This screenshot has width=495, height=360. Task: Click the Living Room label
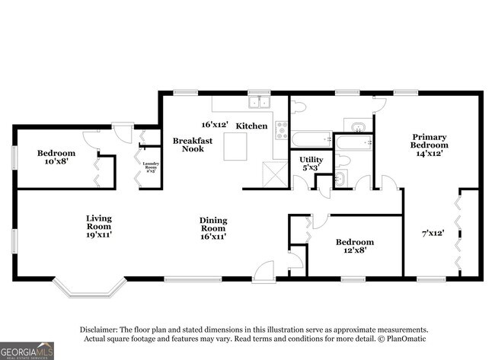tap(98, 225)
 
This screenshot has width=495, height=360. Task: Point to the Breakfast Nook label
tap(187, 145)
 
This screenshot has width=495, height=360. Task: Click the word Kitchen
tap(251, 126)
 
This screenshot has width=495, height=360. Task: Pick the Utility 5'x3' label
tap(311, 164)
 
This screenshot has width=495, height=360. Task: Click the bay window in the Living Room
tap(90, 288)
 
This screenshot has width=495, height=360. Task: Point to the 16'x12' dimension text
tap(216, 124)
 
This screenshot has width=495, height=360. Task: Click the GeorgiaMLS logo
tap(27, 351)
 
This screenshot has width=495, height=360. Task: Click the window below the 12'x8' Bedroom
tap(353, 279)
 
